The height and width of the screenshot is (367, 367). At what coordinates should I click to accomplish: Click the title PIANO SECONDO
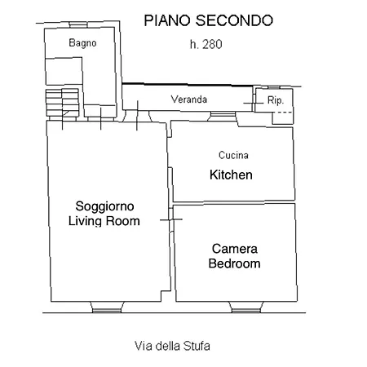[208, 20]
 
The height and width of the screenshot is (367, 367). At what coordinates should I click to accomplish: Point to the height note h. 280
[206, 45]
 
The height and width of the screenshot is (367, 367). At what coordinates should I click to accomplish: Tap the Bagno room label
[82, 43]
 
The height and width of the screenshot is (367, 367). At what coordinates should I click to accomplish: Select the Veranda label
[189, 99]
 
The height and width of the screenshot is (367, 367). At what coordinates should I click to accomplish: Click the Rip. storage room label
[276, 100]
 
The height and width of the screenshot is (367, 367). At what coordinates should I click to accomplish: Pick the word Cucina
[233, 155]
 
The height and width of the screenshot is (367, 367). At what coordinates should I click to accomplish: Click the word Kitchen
[231, 175]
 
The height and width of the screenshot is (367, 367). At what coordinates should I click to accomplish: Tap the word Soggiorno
[104, 206]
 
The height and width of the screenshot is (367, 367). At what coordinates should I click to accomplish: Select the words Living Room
[104, 221]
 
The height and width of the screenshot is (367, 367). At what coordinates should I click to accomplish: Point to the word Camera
[235, 249]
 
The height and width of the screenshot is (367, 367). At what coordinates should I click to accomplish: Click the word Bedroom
[234, 263]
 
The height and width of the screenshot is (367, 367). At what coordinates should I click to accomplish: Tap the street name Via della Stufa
[172, 346]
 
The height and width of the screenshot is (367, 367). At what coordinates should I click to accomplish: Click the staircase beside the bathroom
[62, 103]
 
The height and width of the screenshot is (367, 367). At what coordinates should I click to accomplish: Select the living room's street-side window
[107, 307]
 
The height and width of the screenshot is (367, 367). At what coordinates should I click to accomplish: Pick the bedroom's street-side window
[246, 307]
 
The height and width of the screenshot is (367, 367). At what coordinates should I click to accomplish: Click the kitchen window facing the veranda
[223, 116]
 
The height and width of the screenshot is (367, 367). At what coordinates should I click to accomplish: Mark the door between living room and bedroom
[171, 219]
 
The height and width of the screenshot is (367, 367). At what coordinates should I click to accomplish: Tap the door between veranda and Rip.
[254, 104]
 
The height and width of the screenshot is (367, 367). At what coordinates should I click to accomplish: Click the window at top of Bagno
[78, 24]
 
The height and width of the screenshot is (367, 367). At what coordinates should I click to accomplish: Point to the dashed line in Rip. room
[282, 113]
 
